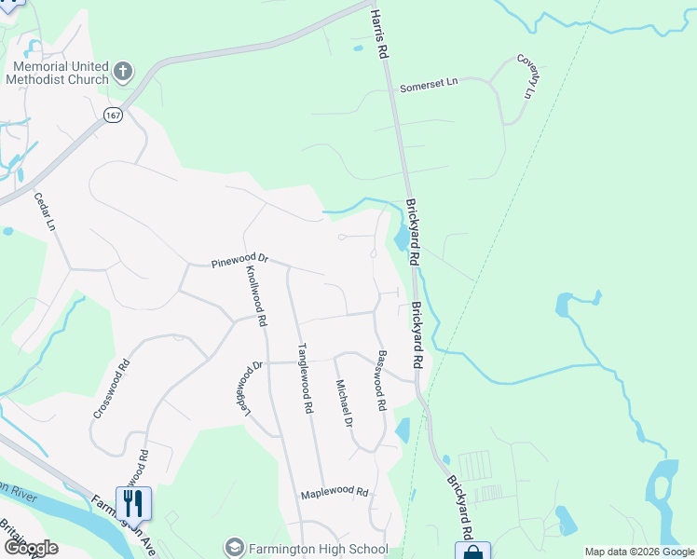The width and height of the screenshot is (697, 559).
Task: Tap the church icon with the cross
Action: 123,72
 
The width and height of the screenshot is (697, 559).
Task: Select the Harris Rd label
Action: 378,36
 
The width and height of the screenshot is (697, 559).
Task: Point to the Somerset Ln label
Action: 429,85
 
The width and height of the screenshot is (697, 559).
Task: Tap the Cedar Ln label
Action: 45,212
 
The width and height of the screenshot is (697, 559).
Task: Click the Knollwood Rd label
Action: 256,294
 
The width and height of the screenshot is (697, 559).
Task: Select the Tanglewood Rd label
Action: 303,378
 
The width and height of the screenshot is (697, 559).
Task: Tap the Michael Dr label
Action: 344,403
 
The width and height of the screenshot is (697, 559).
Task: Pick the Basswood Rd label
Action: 380,380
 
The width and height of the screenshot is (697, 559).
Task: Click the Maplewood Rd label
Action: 335,493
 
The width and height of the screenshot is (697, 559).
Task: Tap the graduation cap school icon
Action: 234,547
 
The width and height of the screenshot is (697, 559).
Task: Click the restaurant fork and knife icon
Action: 134,503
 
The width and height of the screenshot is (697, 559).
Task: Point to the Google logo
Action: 31,548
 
